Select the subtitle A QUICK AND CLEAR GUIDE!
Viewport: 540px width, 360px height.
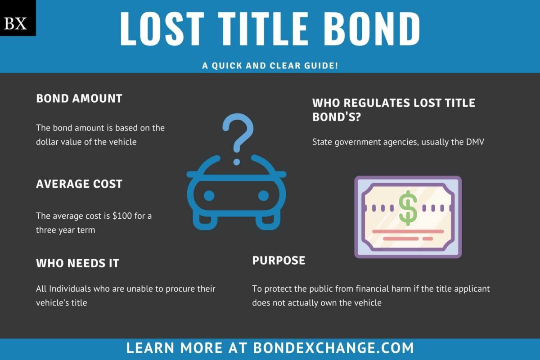tap(270, 66)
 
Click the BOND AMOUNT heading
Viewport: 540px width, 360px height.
tap(79, 99)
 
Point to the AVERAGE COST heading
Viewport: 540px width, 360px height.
tap(79, 184)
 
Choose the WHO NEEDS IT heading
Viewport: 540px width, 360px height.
tap(77, 263)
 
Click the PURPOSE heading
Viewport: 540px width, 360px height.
tap(279, 260)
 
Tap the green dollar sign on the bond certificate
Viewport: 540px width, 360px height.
tap(408, 208)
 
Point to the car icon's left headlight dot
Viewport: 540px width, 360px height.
tap(209, 196)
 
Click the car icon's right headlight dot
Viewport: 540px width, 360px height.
tap(263, 196)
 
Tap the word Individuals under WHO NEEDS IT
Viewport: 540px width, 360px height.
tap(70, 288)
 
